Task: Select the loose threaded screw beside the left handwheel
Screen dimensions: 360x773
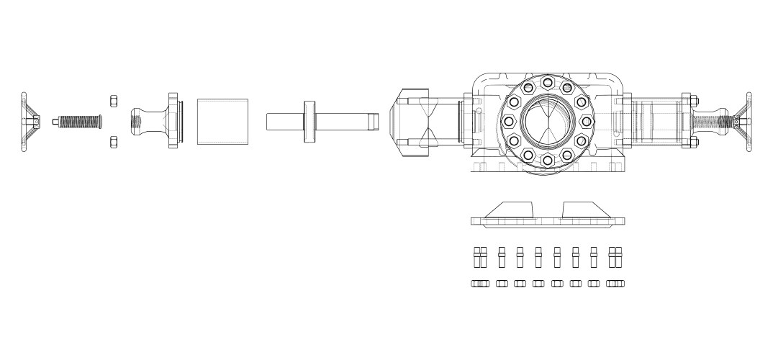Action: (x=78, y=121)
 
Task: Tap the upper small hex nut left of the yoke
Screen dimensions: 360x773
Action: (x=113, y=99)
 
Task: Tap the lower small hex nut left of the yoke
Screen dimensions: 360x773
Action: (x=113, y=141)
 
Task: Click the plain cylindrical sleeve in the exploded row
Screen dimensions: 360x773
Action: (x=222, y=121)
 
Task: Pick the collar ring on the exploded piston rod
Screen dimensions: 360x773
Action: (x=309, y=120)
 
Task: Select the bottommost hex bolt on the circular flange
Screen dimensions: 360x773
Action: (x=547, y=159)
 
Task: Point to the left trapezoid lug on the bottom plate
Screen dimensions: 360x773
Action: (x=511, y=209)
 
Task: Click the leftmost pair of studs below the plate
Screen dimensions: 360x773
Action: (x=480, y=258)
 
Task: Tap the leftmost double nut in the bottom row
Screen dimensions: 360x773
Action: (x=480, y=283)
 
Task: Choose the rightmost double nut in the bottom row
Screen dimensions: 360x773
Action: (x=615, y=283)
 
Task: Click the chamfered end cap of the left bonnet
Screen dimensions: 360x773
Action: (x=398, y=121)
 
